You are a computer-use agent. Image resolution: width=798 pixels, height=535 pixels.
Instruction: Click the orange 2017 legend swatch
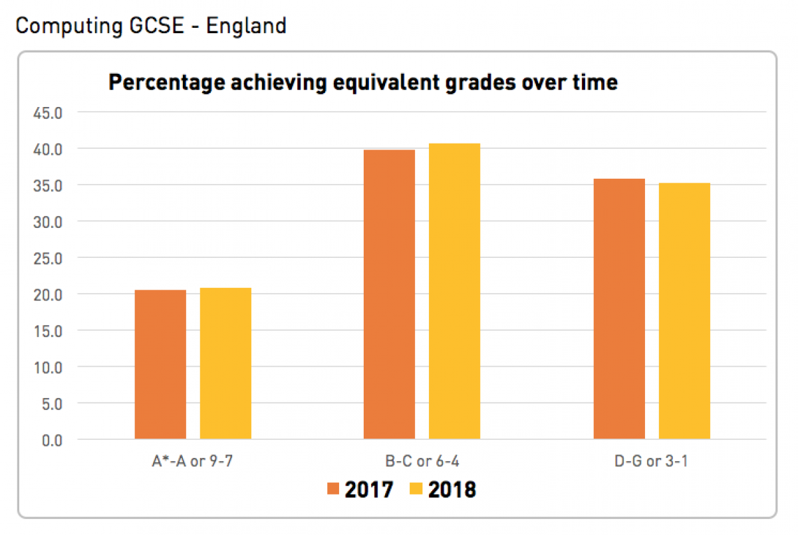[x=333, y=490]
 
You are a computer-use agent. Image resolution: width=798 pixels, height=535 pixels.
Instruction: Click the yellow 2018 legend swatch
[x=416, y=490]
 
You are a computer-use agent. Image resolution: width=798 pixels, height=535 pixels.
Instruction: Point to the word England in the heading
[x=246, y=26]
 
